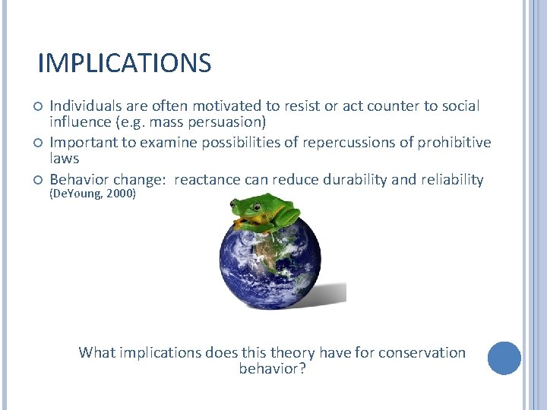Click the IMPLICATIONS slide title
point(124,64)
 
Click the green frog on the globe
point(265,212)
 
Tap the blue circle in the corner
point(504,358)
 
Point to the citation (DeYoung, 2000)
point(93,194)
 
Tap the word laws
point(65,159)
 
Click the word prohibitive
point(453,143)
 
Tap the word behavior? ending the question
point(272,369)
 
